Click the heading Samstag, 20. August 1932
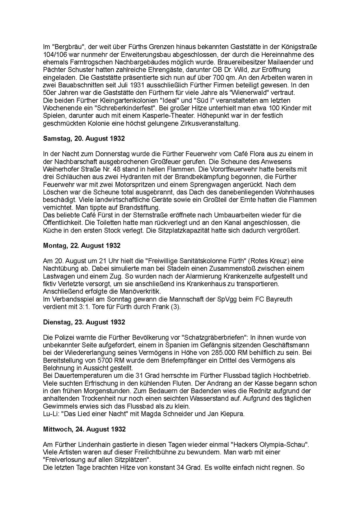pyautogui.click(x=84, y=139)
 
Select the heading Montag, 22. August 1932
pyautogui.click(x=82, y=246)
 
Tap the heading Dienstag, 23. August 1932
pyautogui.click(x=84, y=322)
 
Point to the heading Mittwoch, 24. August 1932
pyautogui.click(x=84, y=429)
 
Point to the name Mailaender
pyautogui.click(x=283, y=62)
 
